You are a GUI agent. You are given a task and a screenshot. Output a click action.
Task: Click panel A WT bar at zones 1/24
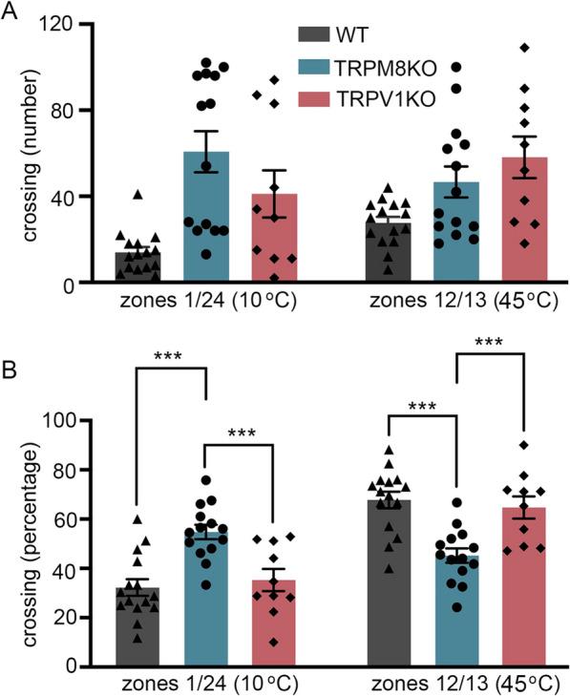[138, 268]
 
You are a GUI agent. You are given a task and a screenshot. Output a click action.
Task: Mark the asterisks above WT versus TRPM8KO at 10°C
[173, 359]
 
